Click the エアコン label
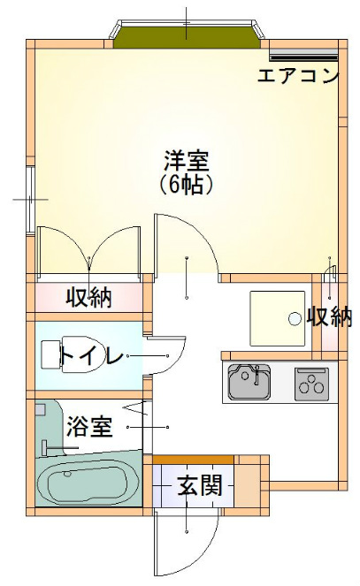[298, 76]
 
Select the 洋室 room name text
[187, 161]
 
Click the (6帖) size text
[187, 184]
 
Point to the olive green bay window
[187, 36]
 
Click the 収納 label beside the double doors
[89, 298]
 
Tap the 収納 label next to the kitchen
[329, 317]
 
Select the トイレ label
[91, 355]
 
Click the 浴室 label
[89, 427]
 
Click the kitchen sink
[249, 382]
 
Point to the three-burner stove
[311, 384]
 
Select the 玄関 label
[200, 485]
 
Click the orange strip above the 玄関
[194, 460]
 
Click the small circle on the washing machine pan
[295, 318]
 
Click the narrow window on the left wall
[30, 200]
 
